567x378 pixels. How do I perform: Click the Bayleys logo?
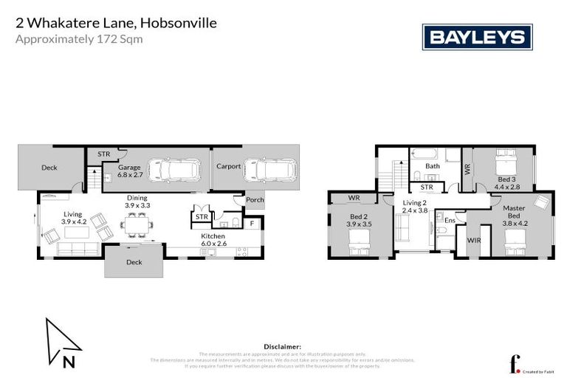tap(477, 37)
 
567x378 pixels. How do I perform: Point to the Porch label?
tap(255, 199)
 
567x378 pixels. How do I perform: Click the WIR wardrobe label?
tap(474, 241)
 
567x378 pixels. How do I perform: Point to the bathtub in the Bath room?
tap(425, 155)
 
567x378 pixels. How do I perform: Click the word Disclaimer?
tap(282, 346)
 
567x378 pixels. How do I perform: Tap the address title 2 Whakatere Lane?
tap(117, 23)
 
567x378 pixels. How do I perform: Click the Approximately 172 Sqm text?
tap(79, 39)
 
